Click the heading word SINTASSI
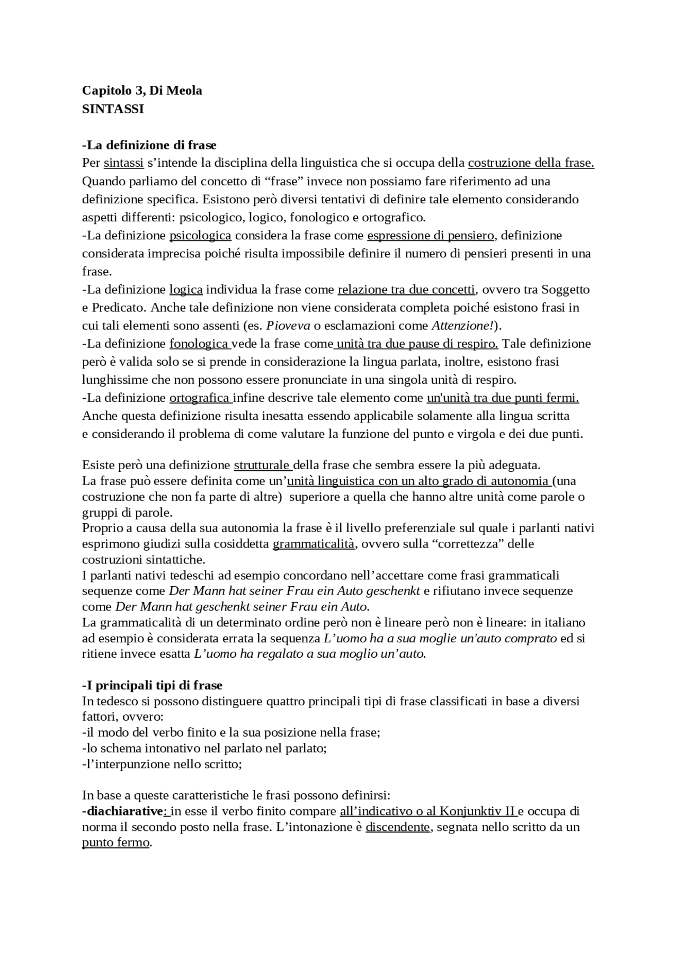click(x=113, y=110)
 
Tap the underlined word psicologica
click(x=200, y=235)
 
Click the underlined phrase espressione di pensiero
click(x=431, y=235)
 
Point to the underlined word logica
click(x=186, y=290)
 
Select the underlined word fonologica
click(x=199, y=344)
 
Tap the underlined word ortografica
click(x=200, y=398)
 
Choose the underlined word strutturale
click(x=262, y=465)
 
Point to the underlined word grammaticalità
click(x=313, y=544)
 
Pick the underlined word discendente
click(x=398, y=827)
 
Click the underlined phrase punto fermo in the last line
click(x=115, y=843)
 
